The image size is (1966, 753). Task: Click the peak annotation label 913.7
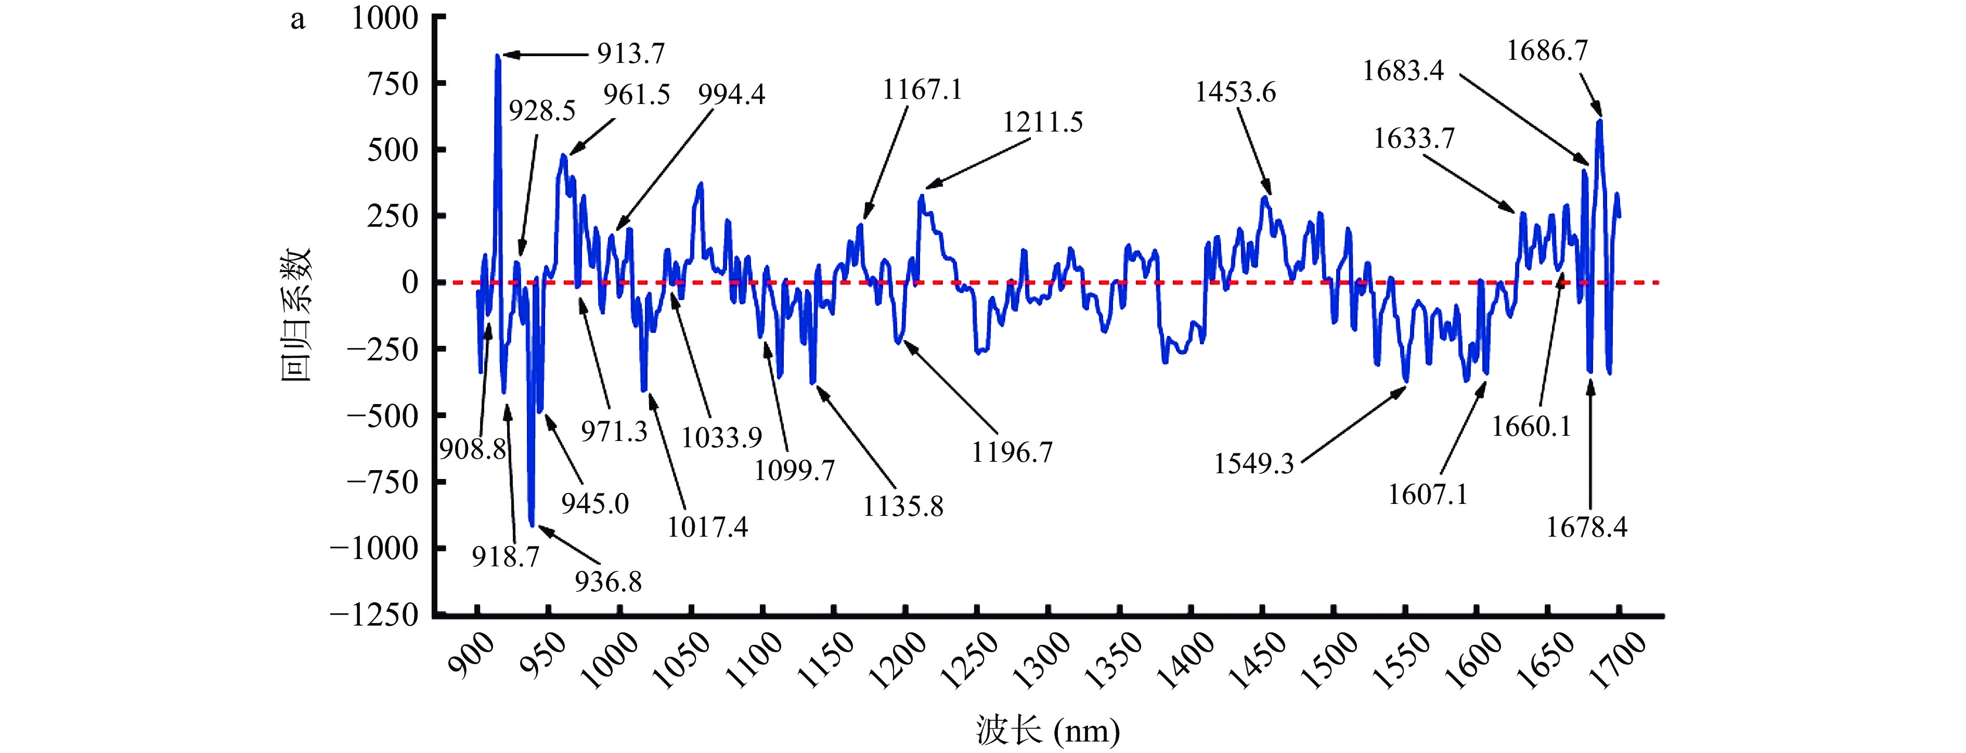(x=630, y=54)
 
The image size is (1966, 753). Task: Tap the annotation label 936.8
(x=609, y=582)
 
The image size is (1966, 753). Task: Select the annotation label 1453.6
(x=1235, y=93)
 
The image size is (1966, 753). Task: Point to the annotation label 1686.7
(x=1547, y=51)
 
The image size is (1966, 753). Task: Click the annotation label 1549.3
(x=1254, y=464)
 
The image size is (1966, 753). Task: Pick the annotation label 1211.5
(x=1042, y=122)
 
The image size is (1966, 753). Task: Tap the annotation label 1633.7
(x=1414, y=139)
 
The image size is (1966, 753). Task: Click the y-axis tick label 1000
(x=385, y=18)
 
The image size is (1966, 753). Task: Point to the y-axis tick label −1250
(x=374, y=615)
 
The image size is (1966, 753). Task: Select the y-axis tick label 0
(x=410, y=283)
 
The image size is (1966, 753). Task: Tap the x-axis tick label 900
(x=470, y=656)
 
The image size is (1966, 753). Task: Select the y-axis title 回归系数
(x=296, y=314)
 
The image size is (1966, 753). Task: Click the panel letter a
(x=298, y=20)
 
